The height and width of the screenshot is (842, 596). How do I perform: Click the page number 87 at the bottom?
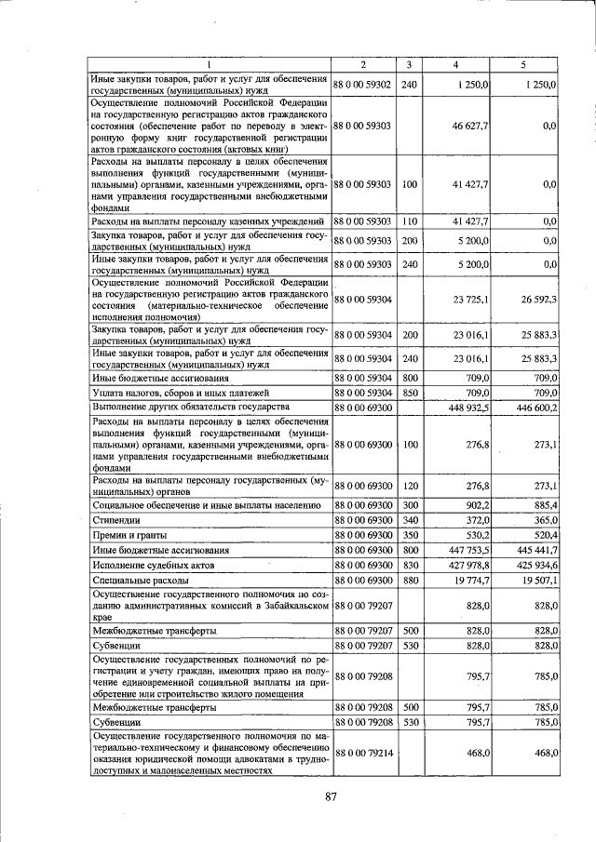click(x=330, y=795)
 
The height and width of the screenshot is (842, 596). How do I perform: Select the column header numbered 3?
click(x=408, y=64)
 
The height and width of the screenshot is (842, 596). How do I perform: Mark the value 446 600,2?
click(x=535, y=408)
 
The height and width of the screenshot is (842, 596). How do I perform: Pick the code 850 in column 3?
click(x=408, y=393)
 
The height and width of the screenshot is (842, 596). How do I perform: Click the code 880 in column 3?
click(x=408, y=581)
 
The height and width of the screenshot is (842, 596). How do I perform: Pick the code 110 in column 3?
click(x=408, y=221)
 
